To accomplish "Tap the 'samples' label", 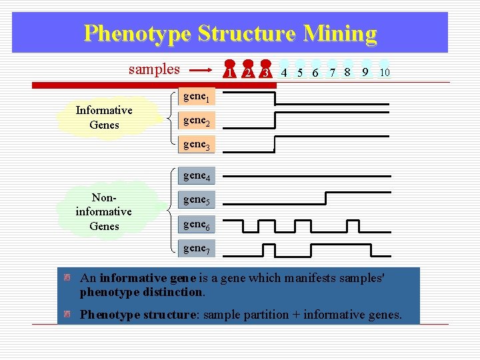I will (154, 69).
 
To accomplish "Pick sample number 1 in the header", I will (229, 72).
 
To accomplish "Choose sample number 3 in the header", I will (266, 72).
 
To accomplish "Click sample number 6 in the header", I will (315, 73).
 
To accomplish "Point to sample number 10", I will (385, 72).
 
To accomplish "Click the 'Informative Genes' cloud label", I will (104, 117).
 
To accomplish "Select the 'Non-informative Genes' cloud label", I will (103, 211).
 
